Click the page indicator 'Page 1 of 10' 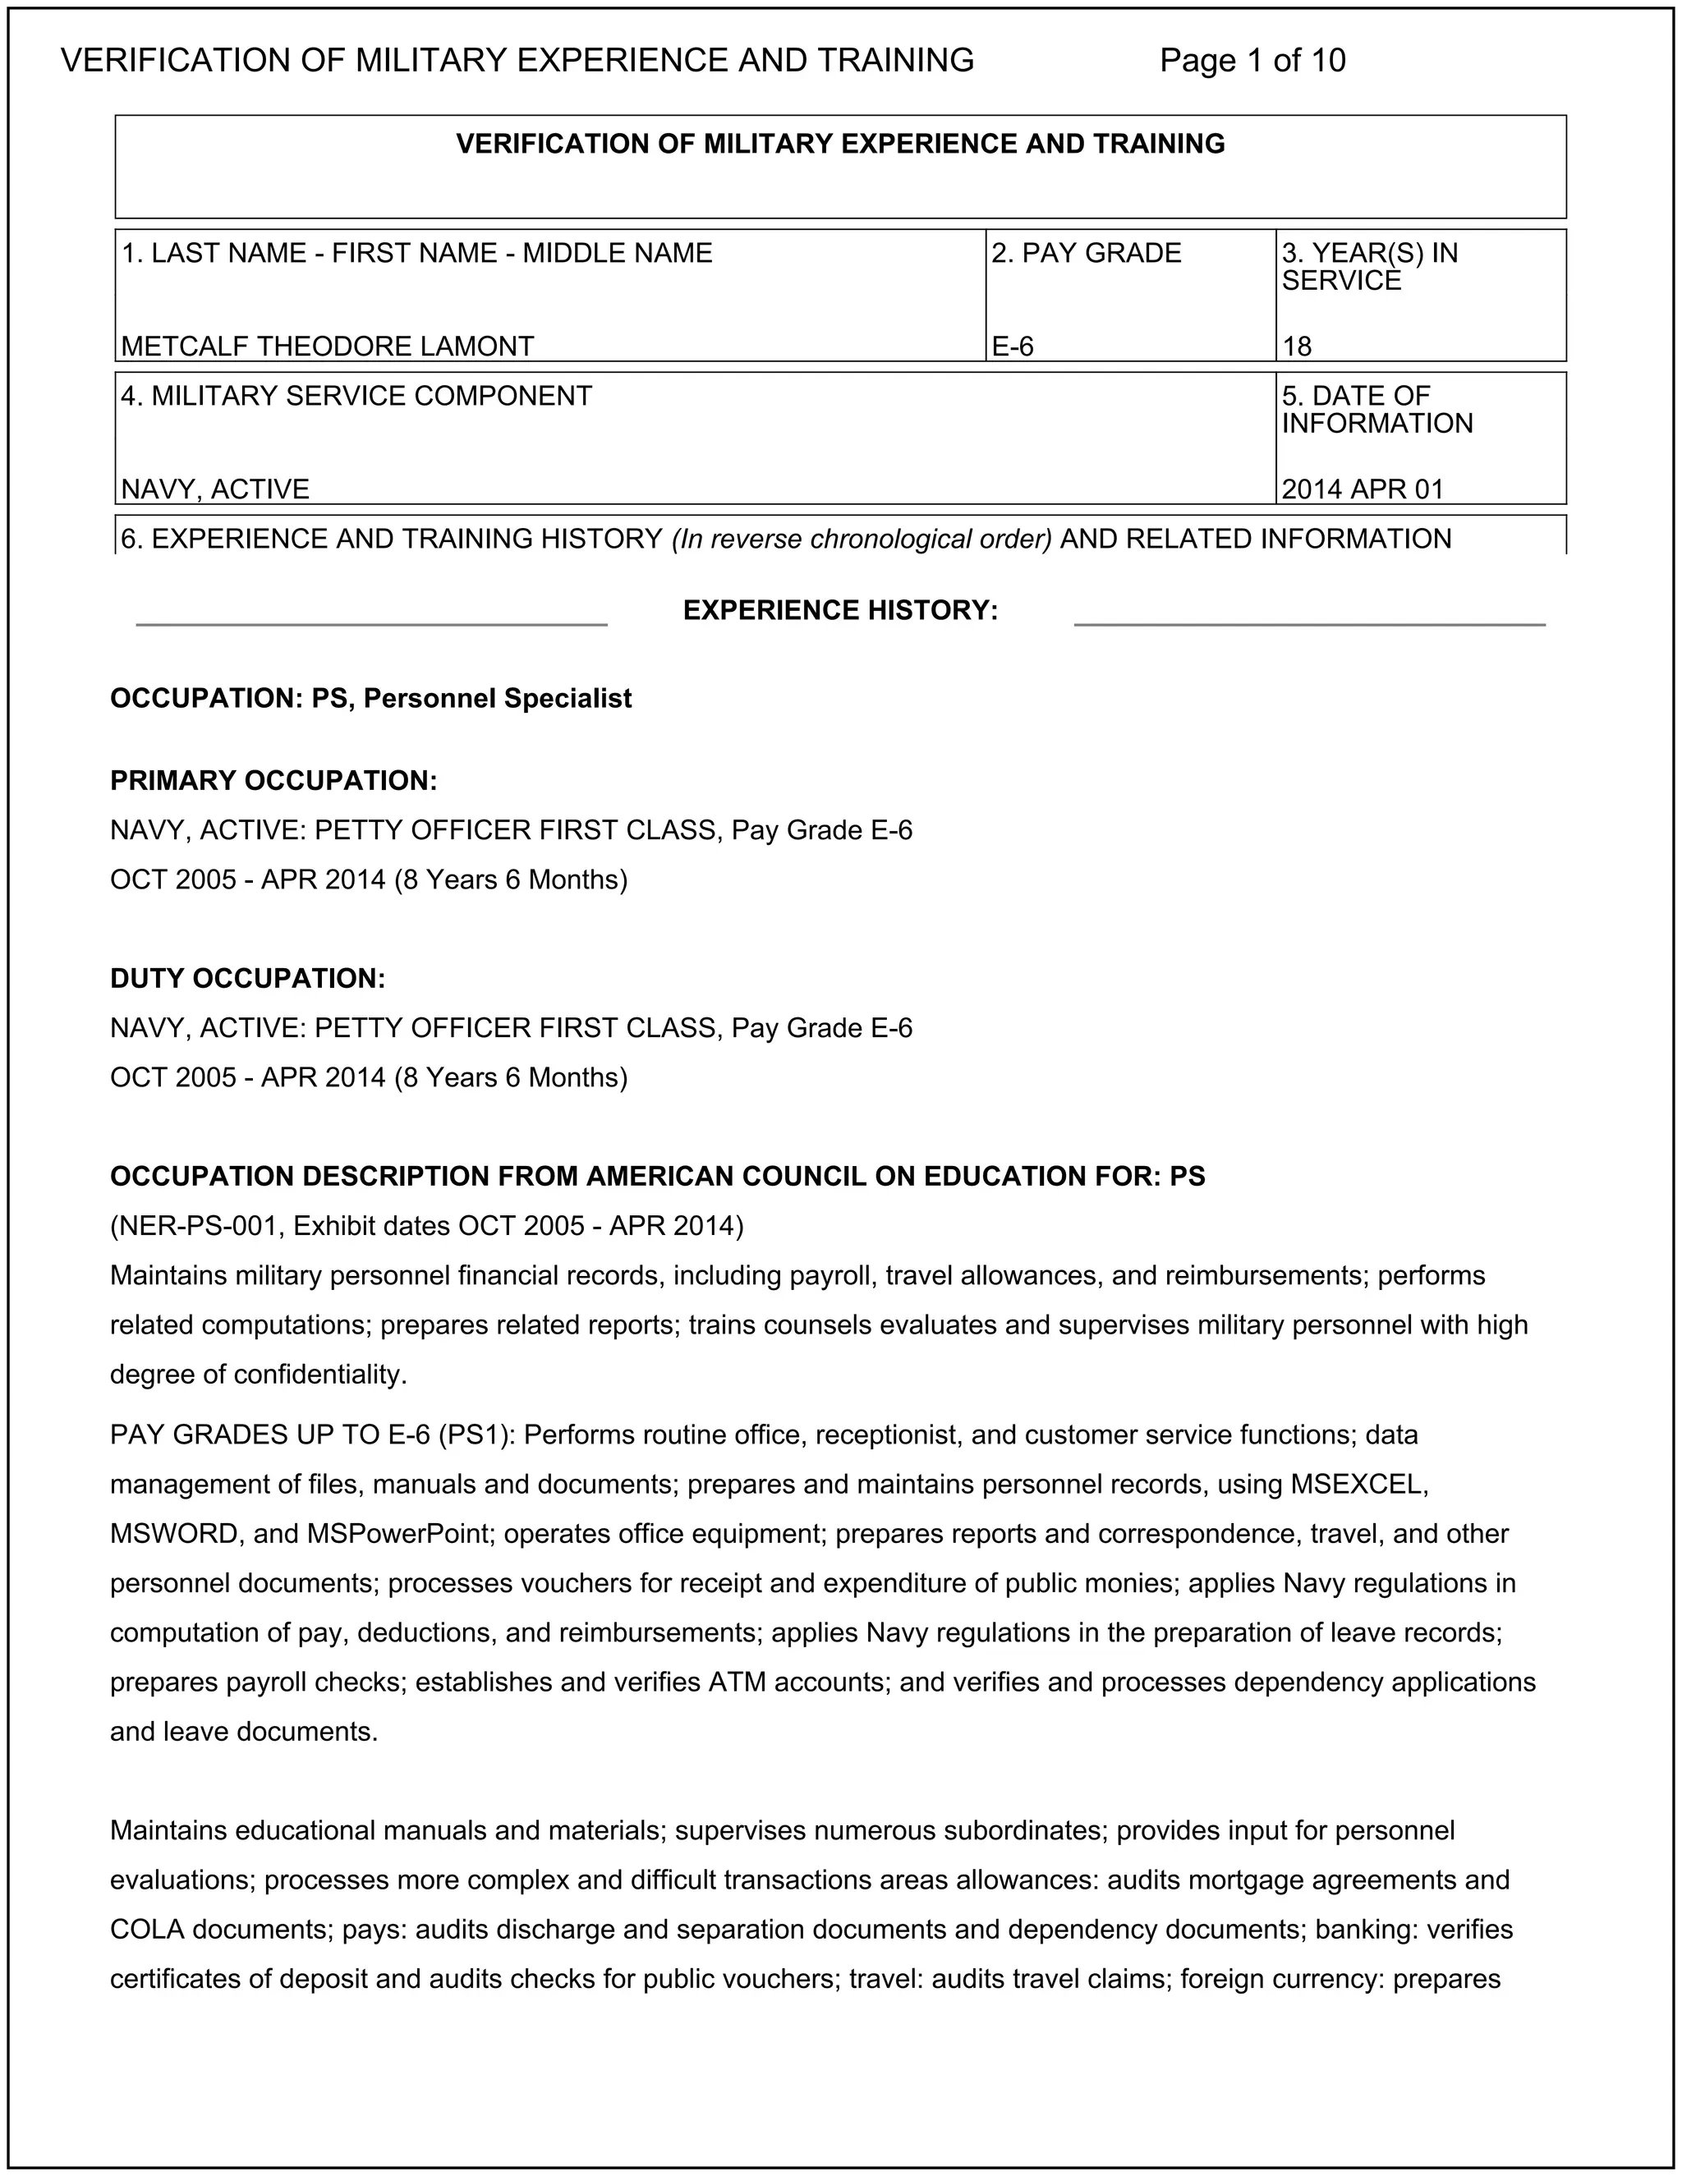(x=1252, y=61)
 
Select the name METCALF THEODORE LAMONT (x=327, y=346)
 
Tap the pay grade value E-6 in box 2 (x=1013, y=346)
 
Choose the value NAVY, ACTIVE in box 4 (x=215, y=489)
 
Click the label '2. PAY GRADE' (x=1085, y=253)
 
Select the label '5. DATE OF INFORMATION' (x=1376, y=410)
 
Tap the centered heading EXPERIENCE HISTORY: (x=840, y=610)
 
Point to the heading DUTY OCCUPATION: (x=247, y=979)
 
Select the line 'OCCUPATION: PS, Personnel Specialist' (x=370, y=699)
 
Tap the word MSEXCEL (x=1359, y=1485)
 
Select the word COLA (x=146, y=1930)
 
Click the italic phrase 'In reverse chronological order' (x=862, y=539)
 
